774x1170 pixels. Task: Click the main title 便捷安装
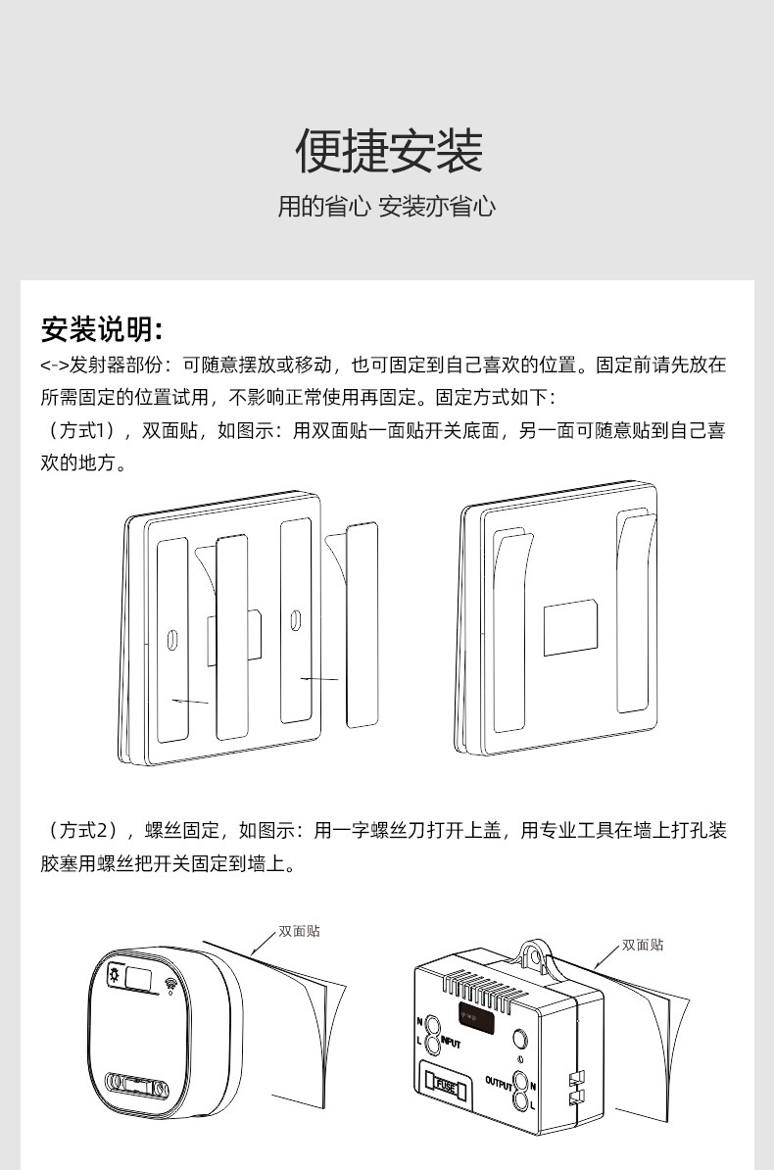click(x=389, y=150)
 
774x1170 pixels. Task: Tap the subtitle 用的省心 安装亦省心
click(x=387, y=207)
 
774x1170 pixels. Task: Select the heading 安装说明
click(x=101, y=328)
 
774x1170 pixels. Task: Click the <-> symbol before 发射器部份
click(x=54, y=366)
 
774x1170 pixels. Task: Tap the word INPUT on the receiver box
click(x=450, y=1044)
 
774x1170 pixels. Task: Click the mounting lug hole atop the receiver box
click(x=534, y=951)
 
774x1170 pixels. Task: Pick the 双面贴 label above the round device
click(x=299, y=931)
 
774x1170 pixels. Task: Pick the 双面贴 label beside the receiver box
click(x=643, y=945)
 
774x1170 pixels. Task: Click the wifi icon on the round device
click(x=170, y=983)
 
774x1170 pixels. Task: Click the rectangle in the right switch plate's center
click(x=570, y=627)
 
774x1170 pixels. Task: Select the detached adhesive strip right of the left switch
click(x=363, y=624)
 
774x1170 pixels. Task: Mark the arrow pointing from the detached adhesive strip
click(x=320, y=678)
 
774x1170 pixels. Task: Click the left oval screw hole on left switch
click(x=172, y=638)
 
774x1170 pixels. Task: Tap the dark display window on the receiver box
click(x=477, y=1017)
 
